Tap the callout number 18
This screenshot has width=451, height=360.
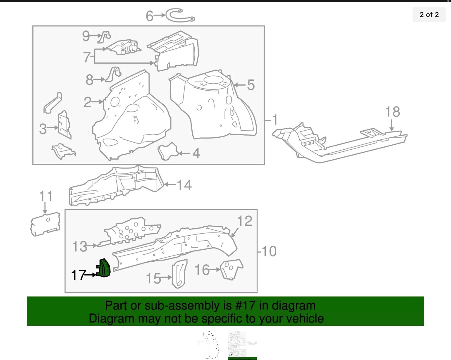pyautogui.click(x=392, y=112)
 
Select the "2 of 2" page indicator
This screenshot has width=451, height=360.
pyautogui.click(x=429, y=15)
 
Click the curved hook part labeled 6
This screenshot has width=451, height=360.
pyautogui.click(x=180, y=16)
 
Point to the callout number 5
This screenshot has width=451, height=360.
pyautogui.click(x=250, y=85)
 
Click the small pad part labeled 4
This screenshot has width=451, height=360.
pyautogui.click(x=168, y=151)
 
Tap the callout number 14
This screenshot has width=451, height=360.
pyautogui.click(x=184, y=185)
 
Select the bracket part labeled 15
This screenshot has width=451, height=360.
pyautogui.click(x=179, y=274)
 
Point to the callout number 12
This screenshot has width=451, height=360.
pyautogui.click(x=245, y=221)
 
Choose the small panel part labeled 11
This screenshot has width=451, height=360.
pyautogui.click(x=45, y=224)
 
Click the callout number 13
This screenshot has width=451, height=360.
pyautogui.click(x=80, y=246)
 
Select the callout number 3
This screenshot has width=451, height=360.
pyautogui.click(x=43, y=129)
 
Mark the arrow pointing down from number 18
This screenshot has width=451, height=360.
pyautogui.click(x=391, y=125)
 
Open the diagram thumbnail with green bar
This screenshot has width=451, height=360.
pyautogui.click(x=242, y=346)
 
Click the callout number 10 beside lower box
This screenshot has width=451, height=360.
pyautogui.click(x=269, y=251)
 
